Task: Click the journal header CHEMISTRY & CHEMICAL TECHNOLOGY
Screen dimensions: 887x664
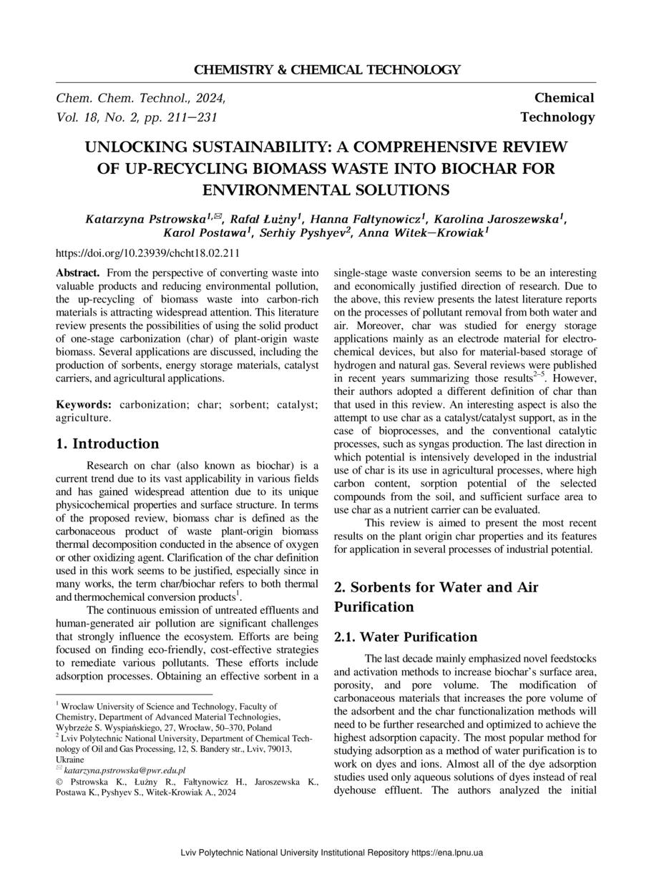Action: click(x=327, y=70)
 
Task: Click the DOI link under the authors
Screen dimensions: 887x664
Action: click(x=147, y=253)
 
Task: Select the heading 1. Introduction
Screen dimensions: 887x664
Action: click(x=107, y=443)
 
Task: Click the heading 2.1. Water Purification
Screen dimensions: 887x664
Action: click(x=406, y=637)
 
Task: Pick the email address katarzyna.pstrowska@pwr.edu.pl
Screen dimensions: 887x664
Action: click(x=125, y=770)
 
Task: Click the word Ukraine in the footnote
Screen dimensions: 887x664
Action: click(x=69, y=760)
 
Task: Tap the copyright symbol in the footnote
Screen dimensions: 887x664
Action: click(x=59, y=781)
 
